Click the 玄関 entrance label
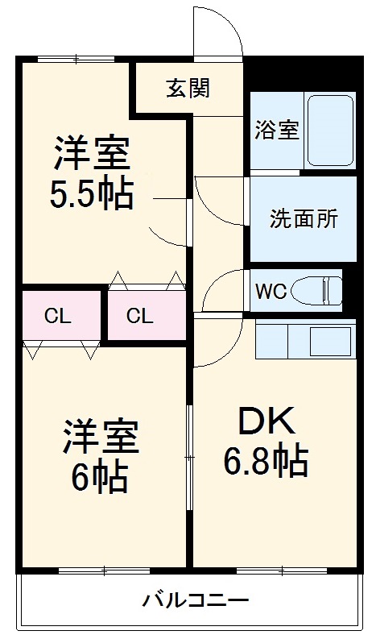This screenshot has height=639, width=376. coord(188,88)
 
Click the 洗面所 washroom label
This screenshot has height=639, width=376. coord(304,218)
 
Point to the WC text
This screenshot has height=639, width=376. coord(271,291)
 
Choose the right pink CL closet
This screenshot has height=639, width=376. coord(140,315)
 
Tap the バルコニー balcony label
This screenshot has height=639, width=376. coord(196,600)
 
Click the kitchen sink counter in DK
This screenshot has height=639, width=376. coord(304,341)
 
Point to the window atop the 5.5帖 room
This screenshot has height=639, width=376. coord(74,57)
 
